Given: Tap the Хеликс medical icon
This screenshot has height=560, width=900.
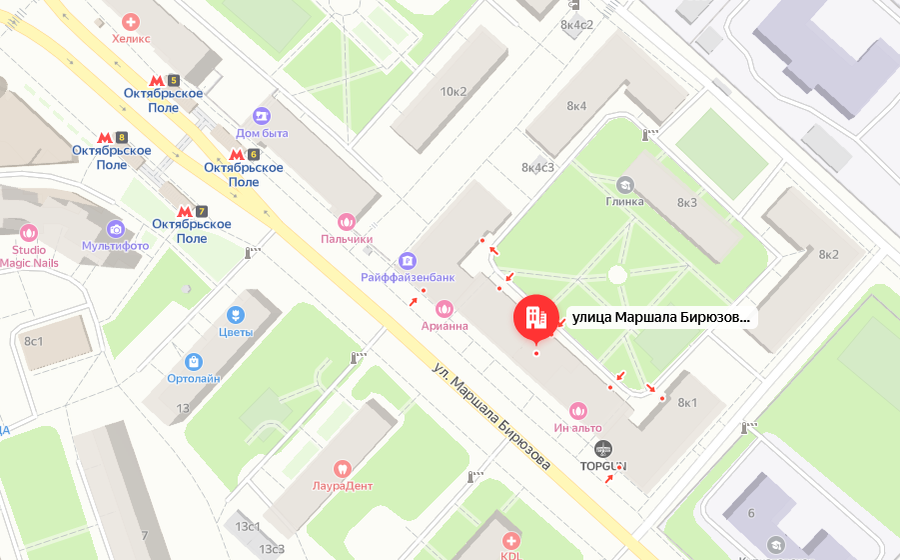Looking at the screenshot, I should pyautogui.click(x=131, y=21).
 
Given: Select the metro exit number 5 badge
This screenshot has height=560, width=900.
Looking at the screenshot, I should pyautogui.click(x=173, y=80).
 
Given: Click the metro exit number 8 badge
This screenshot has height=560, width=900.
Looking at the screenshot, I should pyautogui.click(x=122, y=137).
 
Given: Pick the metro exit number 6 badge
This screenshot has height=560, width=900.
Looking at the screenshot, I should pyautogui.click(x=253, y=154).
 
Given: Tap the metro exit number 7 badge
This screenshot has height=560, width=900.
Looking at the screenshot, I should pyautogui.click(x=201, y=211).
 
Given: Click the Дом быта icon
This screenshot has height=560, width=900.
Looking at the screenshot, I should pyautogui.click(x=262, y=116).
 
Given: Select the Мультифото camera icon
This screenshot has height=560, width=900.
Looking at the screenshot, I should pyautogui.click(x=115, y=229).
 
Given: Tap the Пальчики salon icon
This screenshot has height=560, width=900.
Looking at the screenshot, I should pyautogui.click(x=347, y=221).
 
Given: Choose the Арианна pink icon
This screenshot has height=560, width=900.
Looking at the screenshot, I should pyautogui.click(x=445, y=308).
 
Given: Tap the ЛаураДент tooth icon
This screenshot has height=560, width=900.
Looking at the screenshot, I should pyautogui.click(x=341, y=468).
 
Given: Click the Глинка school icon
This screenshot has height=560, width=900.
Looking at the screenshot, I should pyautogui.click(x=624, y=184).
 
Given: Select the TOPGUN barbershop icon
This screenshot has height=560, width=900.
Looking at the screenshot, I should pyautogui.click(x=602, y=449).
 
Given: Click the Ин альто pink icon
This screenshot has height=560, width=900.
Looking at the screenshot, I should pyautogui.click(x=577, y=410).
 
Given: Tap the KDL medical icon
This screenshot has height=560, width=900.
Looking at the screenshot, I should pyautogui.click(x=511, y=539).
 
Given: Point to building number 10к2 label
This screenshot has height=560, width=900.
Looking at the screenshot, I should pyautogui.click(x=452, y=92).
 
